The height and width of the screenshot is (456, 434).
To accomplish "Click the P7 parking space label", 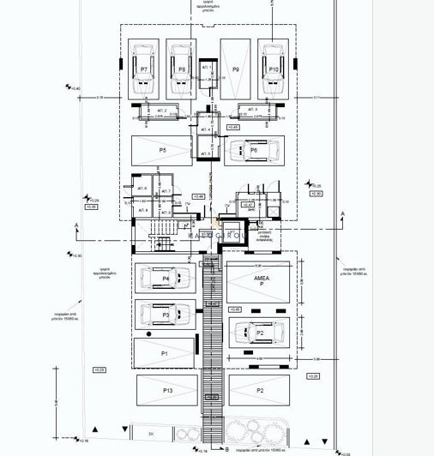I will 143,69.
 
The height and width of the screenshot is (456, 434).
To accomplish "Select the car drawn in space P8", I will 180,74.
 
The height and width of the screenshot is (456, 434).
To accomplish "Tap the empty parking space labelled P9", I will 235,69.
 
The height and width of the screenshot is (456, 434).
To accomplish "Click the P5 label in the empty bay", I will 161,150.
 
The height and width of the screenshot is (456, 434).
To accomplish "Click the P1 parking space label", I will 164,353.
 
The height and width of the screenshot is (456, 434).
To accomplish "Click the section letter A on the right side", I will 342,213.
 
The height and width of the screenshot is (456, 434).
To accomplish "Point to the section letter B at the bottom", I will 226,447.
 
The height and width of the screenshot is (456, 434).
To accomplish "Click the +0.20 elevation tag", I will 312,376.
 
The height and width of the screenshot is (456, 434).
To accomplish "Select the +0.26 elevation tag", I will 98,369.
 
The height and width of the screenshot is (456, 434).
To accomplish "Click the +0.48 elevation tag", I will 199,196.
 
